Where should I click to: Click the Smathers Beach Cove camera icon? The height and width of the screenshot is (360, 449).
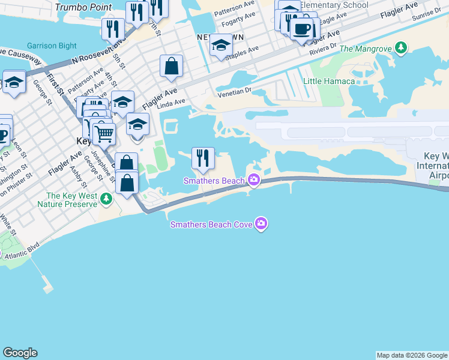261,224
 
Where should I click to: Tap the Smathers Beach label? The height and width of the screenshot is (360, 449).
215,181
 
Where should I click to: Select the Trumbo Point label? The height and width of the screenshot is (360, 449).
83,7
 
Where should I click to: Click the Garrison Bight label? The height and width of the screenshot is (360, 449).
51,46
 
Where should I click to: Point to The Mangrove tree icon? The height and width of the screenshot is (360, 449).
399,49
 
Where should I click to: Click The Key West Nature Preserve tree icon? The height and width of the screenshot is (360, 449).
106,198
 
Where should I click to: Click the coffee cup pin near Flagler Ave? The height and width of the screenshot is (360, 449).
302,29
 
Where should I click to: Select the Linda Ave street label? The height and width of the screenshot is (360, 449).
171,103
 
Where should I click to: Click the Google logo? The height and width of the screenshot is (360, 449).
20,353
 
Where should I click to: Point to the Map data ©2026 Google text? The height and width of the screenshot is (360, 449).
412,355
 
